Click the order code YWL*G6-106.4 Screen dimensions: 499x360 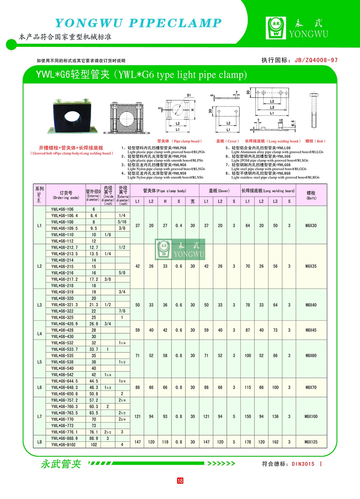pyautogui.click(x=64, y=215)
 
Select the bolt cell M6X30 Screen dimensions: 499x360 pyautogui.click(x=311, y=226)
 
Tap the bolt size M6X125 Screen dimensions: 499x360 pyautogui.click(x=311, y=442)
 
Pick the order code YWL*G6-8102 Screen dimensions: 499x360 pyautogui.click(x=63, y=445)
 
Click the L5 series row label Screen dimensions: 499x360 pyautogui.click(x=40, y=362)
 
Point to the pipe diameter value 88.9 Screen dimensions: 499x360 pyautogui.click(x=94, y=438)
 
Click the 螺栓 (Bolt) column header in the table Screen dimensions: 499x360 pyautogui.click(x=311, y=195)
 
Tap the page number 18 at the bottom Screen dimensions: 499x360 pyautogui.click(x=180, y=480)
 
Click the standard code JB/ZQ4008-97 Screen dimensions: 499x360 pyautogui.click(x=316, y=60)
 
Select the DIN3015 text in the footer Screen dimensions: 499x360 pyautogui.click(x=303, y=464)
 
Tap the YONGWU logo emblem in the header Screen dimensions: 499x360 pyautogui.click(x=276, y=28)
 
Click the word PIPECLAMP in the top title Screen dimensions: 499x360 pyautogui.click(x=175, y=23)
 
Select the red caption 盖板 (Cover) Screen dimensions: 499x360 pyautogui.click(x=227, y=141)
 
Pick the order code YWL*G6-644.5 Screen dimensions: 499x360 pyautogui.click(x=64, y=381)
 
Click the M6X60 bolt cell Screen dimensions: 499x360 pyautogui.click(x=311, y=356)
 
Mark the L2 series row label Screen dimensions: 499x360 pyautogui.click(x=40, y=266)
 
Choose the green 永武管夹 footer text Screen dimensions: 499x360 pyautogui.click(x=61, y=464)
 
